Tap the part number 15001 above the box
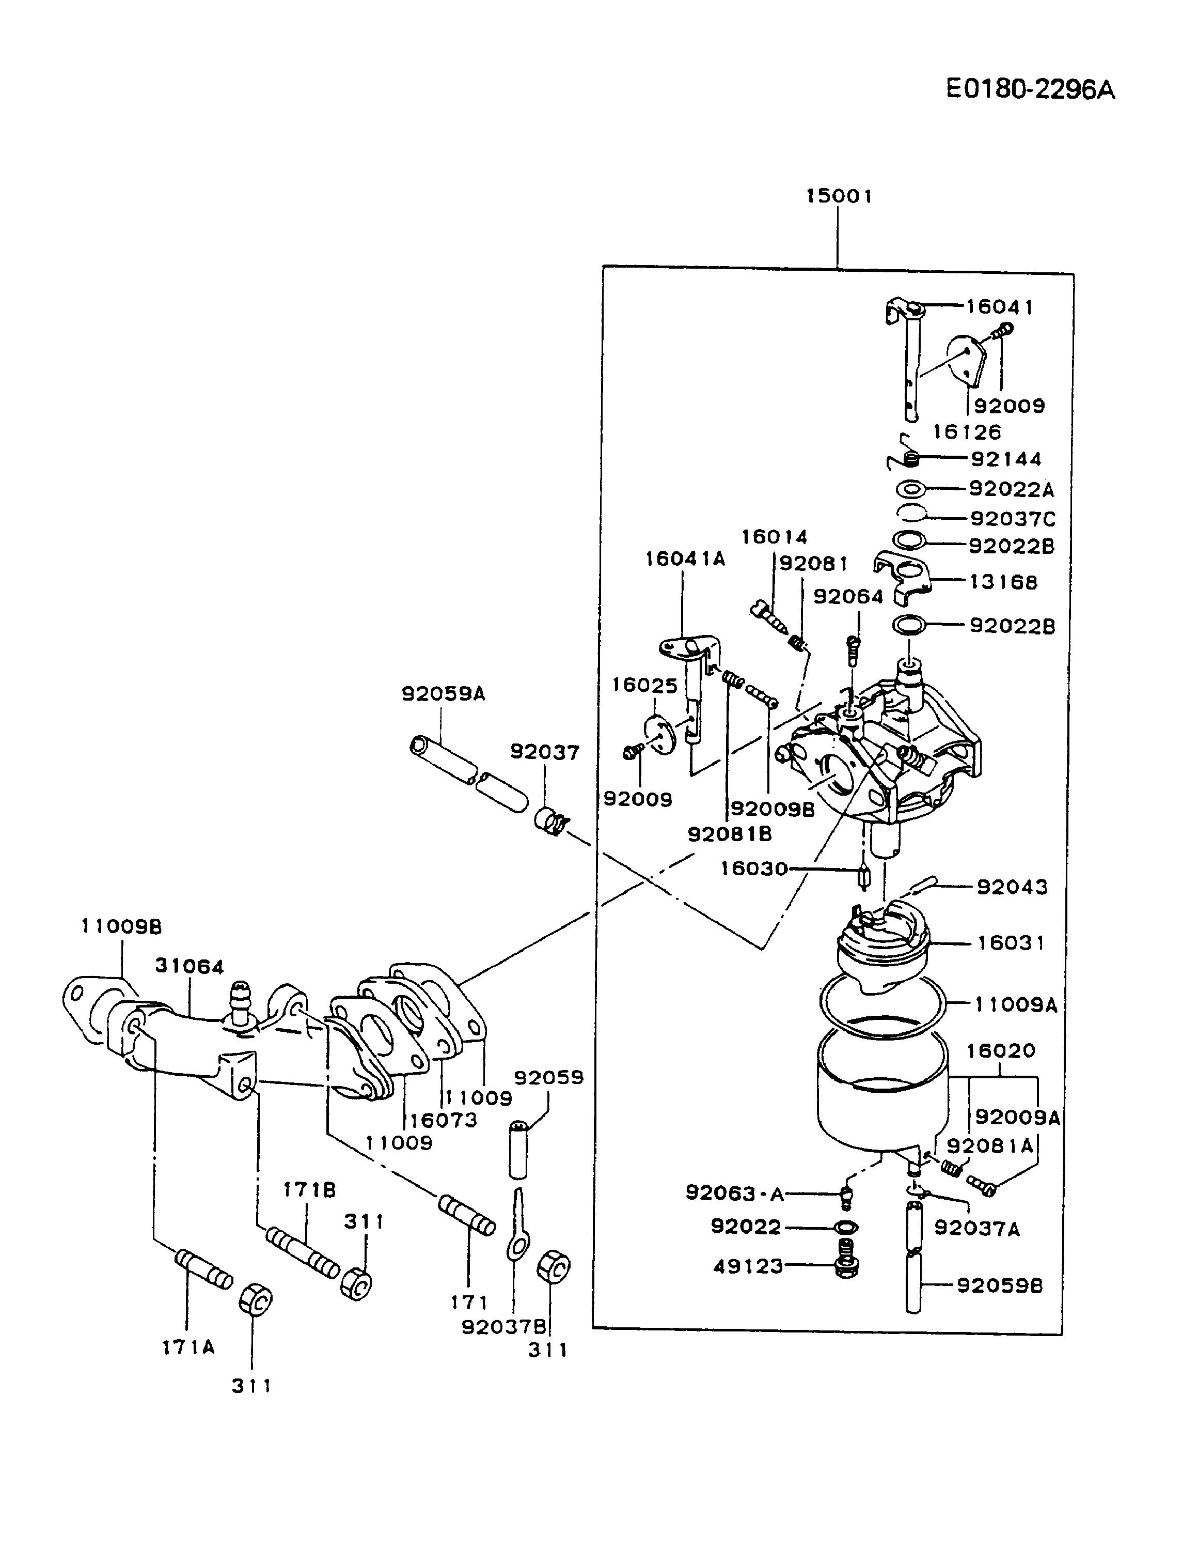(x=839, y=196)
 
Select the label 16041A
(x=685, y=559)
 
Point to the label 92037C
(x=1012, y=519)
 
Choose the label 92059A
(x=443, y=693)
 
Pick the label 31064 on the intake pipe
(x=190, y=967)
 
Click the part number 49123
(x=748, y=1267)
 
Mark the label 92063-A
(x=735, y=1194)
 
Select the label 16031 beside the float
(x=1011, y=943)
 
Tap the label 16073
(x=444, y=1121)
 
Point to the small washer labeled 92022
(x=847, y=1227)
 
